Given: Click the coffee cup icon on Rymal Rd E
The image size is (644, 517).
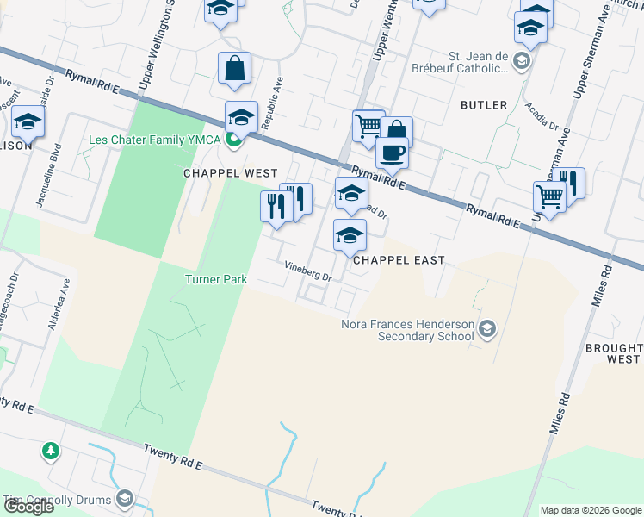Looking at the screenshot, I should [x=392, y=153].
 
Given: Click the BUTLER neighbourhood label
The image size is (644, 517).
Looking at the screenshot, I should [x=483, y=105].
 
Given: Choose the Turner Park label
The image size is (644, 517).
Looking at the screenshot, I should [x=216, y=279].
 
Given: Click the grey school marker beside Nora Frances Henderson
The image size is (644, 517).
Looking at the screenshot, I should [x=488, y=327].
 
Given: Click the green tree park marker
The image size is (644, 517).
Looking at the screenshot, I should [x=51, y=451].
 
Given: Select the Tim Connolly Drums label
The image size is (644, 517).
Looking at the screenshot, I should [x=57, y=500].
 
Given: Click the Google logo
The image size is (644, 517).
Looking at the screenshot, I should [x=28, y=507].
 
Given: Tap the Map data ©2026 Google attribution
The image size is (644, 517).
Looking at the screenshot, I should [x=591, y=510].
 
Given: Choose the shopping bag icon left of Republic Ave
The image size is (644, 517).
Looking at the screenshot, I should [x=234, y=68].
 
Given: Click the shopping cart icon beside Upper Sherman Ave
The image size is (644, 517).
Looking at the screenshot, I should [x=548, y=196].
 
